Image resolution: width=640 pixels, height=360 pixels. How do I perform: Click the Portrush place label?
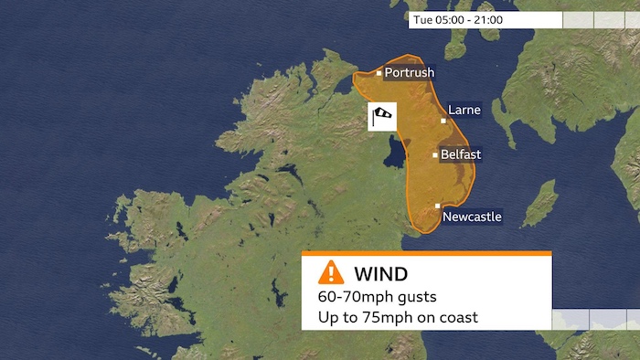point(409,73)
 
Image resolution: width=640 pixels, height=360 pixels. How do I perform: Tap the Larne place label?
point(464,111)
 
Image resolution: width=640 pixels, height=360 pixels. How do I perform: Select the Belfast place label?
point(461,154)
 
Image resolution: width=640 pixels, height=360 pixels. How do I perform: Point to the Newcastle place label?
point(472,217)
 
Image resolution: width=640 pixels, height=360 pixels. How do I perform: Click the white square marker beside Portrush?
point(379,72)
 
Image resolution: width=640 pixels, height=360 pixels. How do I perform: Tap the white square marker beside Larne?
point(444,120)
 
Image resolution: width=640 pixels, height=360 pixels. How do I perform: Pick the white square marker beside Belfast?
point(434,154)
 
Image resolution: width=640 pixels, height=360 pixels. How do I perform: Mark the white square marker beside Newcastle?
point(438,206)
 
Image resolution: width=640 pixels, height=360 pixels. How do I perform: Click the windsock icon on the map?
point(383,116)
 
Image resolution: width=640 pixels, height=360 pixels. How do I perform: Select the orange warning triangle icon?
point(331,272)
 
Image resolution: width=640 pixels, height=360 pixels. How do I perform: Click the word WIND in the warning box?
point(380,273)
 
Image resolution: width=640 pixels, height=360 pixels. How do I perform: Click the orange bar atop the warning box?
point(427,253)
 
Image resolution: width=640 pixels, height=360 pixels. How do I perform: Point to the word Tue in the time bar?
point(422,19)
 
